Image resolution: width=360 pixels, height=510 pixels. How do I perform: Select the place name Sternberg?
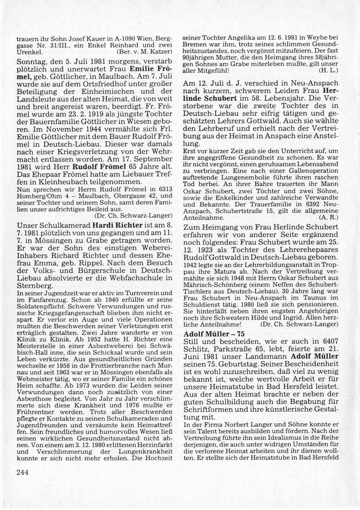pyautogui.click(x=36, y=286)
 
